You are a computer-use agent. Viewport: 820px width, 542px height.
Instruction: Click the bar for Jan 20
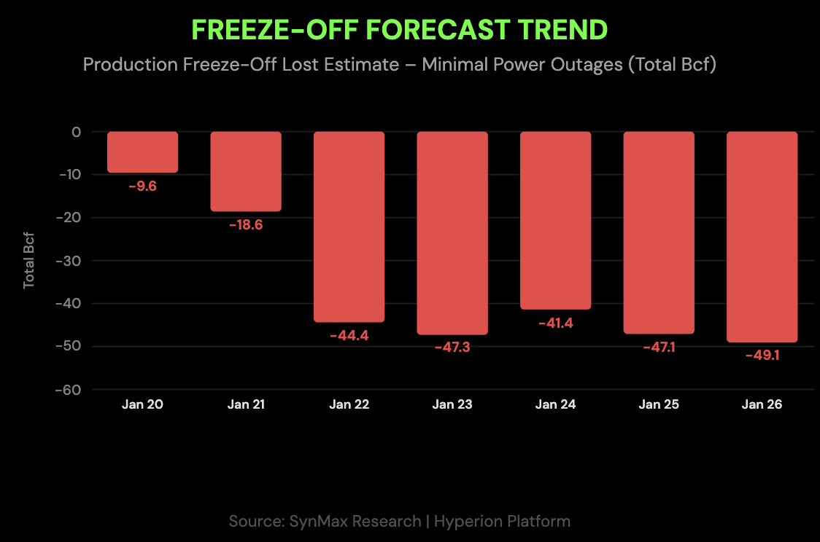pos(142,152)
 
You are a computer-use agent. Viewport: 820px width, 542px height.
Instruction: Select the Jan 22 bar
pos(349,227)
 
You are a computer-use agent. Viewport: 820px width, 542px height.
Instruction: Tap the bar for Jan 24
pos(555,220)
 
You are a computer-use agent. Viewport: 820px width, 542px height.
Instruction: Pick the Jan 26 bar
pos(762,237)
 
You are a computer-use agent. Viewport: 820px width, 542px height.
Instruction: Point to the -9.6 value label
pos(142,186)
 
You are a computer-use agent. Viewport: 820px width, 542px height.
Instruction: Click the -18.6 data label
pos(245,224)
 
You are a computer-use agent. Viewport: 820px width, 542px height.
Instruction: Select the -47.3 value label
pos(452,347)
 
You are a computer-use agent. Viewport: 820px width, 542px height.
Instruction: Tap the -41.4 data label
pos(555,323)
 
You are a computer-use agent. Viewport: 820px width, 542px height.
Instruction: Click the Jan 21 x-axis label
pos(246,404)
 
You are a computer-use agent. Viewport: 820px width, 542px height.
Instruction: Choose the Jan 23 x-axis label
pos(452,404)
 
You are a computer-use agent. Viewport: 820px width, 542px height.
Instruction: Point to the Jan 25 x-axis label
pos(659,404)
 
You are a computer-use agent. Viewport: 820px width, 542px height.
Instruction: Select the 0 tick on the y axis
pos(76,132)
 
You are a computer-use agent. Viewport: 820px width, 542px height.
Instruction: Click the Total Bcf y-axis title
pos(29,261)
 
